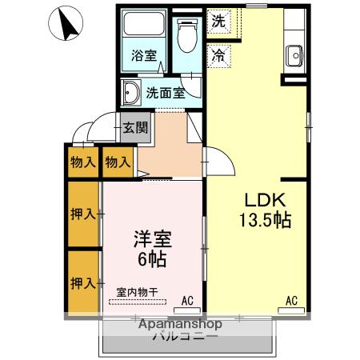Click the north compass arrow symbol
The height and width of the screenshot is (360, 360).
(x=68, y=25)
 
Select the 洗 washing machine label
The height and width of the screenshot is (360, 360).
(x=218, y=21)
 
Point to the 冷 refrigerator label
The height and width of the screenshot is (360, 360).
(x=218, y=55)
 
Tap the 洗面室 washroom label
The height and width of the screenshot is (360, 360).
(x=165, y=92)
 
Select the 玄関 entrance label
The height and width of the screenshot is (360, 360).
(x=135, y=126)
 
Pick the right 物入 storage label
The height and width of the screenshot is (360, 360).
(x=118, y=162)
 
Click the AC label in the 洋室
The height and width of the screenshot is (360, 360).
(x=187, y=300)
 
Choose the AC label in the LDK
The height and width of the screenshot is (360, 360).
(x=292, y=300)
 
